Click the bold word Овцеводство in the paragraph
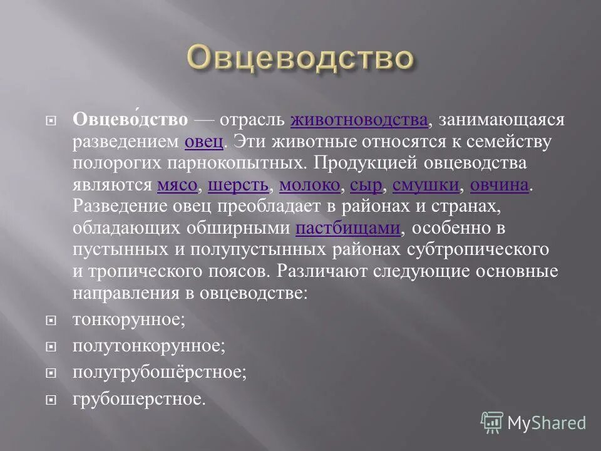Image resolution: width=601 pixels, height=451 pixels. (x=130, y=120)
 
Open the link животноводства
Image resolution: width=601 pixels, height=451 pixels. (x=359, y=120)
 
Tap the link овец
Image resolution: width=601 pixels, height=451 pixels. (x=204, y=142)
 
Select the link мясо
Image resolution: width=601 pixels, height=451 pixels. (x=177, y=185)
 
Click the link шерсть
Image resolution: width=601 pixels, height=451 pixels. (x=238, y=185)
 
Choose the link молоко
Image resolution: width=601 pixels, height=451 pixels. (x=309, y=185)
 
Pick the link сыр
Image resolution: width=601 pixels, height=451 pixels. (x=366, y=185)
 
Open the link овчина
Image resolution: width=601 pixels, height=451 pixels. (x=499, y=185)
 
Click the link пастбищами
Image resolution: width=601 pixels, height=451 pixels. (x=347, y=229)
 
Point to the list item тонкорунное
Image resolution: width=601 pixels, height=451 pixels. (x=129, y=319)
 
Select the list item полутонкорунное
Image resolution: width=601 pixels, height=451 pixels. (x=148, y=346)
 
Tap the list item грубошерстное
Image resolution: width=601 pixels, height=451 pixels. (x=138, y=398)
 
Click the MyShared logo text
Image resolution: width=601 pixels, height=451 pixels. (x=546, y=423)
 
